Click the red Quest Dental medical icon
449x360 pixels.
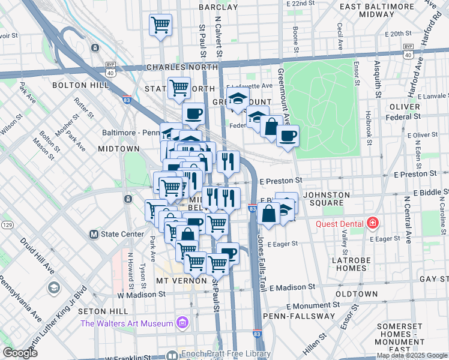(x=373, y=224)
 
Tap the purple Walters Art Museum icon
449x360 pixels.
(x=183, y=324)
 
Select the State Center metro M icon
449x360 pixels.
(x=94, y=234)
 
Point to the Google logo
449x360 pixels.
(x=19, y=353)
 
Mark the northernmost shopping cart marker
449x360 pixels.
(x=160, y=25)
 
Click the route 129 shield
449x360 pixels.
(x=8, y=224)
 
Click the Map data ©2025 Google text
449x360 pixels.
(x=412, y=355)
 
